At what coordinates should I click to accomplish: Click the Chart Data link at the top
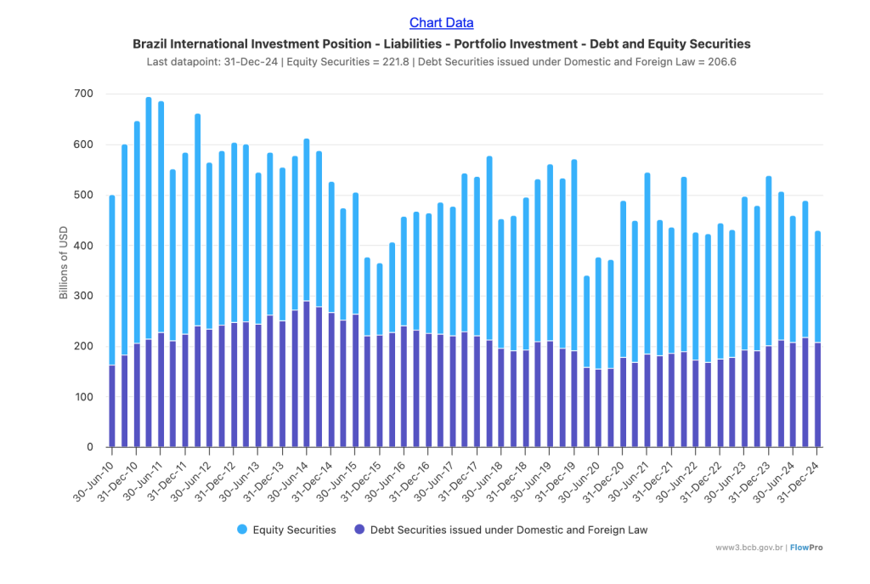point(441,23)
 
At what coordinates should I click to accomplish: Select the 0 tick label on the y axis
point(89,447)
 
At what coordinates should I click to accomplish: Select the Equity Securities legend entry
point(286,530)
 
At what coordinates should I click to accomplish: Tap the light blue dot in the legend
point(242,530)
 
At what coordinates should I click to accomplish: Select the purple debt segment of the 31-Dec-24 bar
point(817,395)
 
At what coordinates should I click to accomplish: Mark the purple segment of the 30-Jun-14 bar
point(307,374)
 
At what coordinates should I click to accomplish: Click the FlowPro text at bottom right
point(805,547)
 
